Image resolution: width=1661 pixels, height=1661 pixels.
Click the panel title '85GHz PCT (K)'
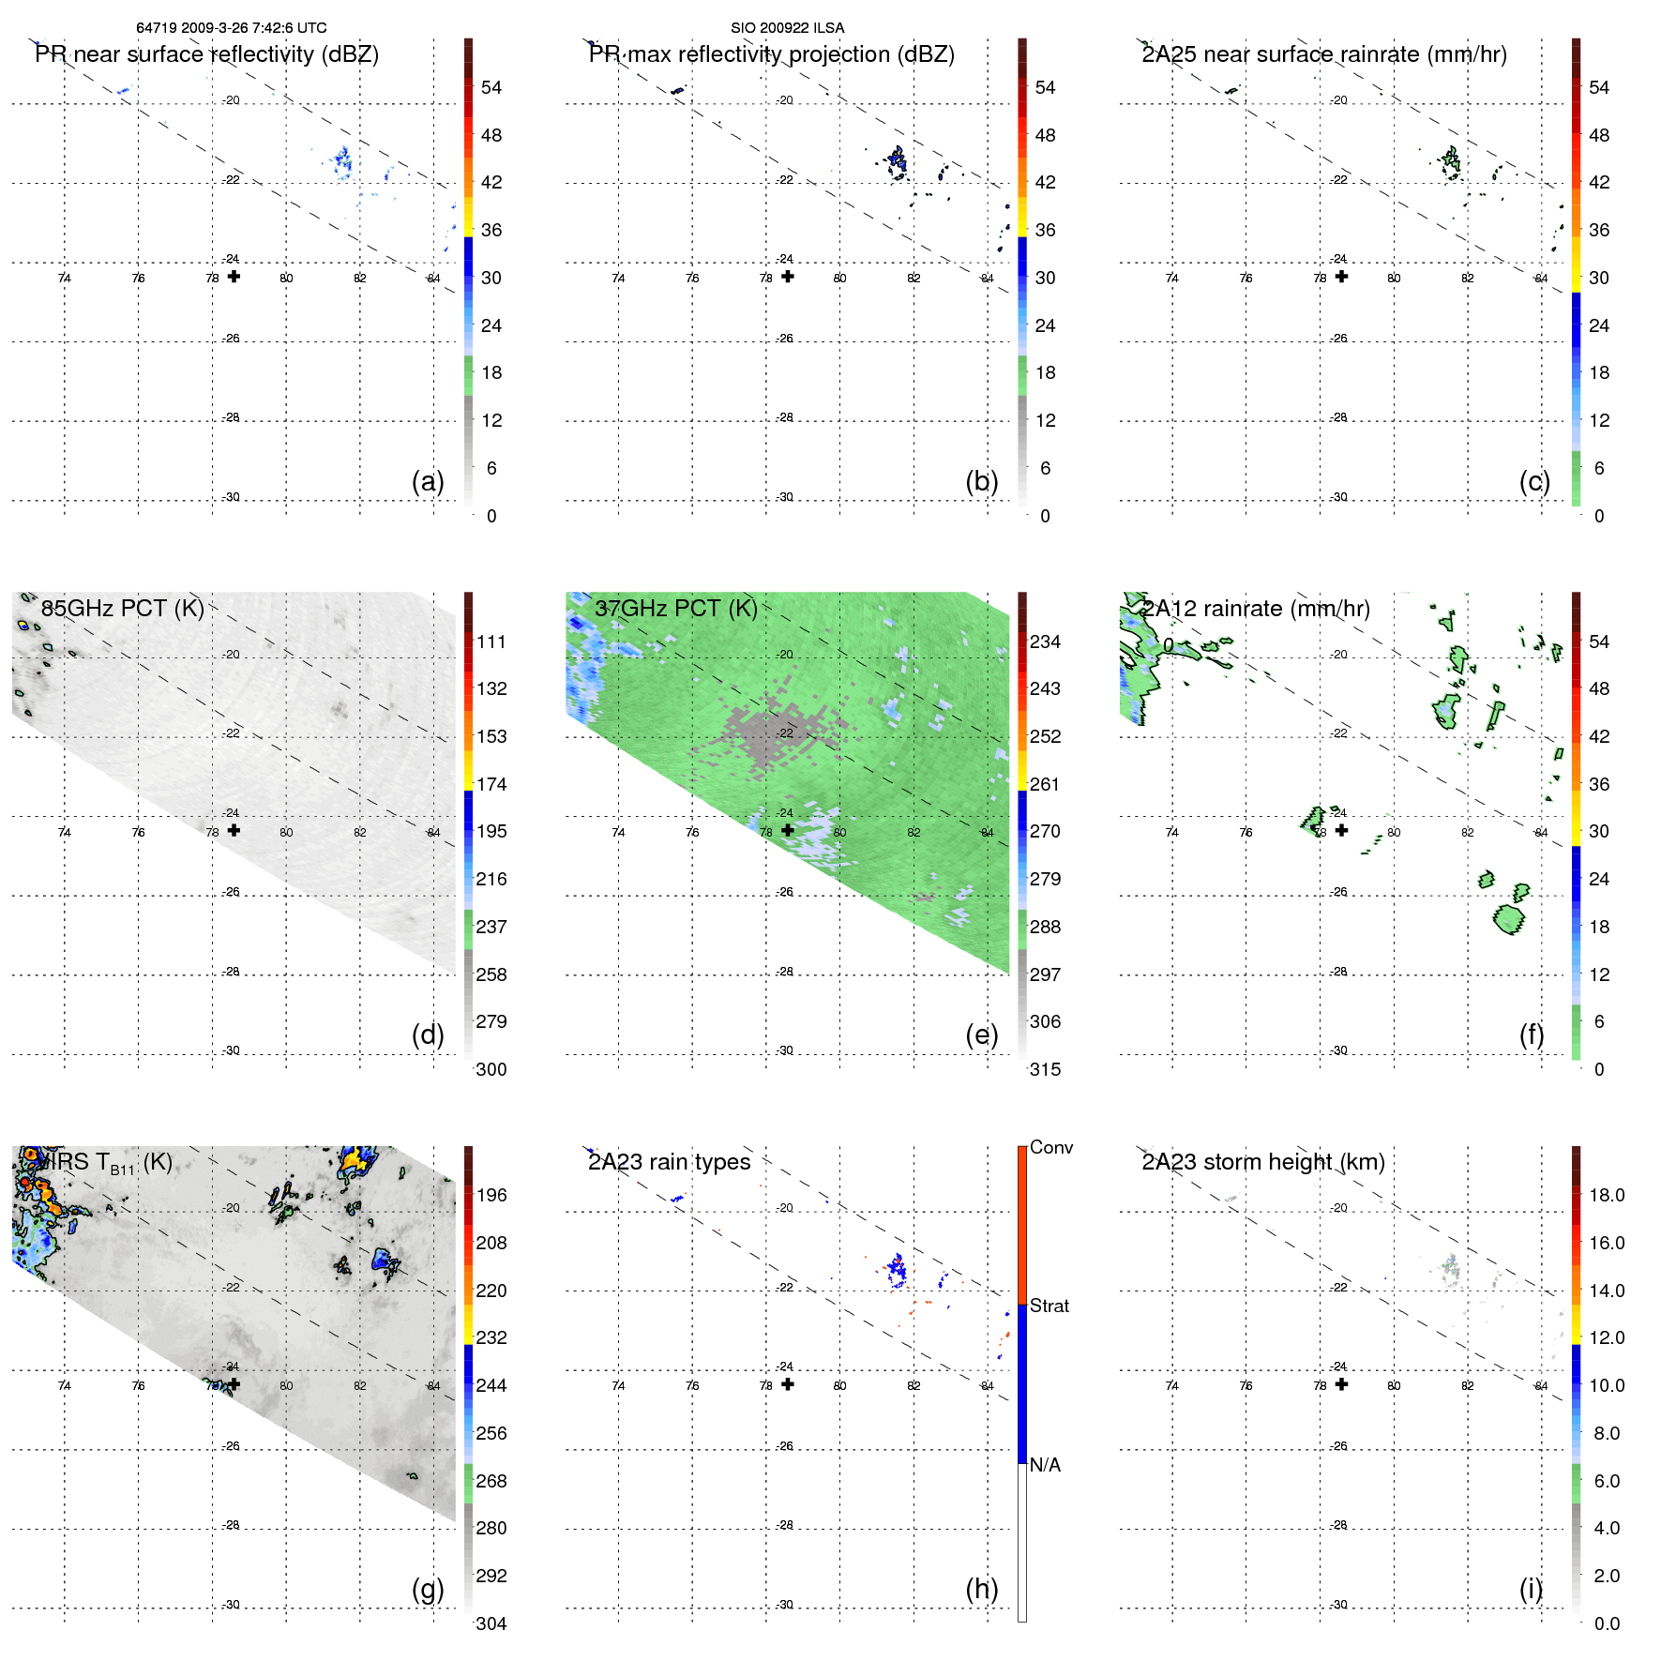122,608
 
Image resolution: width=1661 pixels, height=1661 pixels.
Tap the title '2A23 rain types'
669,1162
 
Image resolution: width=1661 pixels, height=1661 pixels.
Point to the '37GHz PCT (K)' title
675,608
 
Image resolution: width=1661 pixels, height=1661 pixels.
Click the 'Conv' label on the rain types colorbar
1050,1147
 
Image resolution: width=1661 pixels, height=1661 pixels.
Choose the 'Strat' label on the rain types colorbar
1049,1306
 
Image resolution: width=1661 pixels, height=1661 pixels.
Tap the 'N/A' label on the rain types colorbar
1045,1465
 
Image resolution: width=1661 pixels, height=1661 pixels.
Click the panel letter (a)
428,481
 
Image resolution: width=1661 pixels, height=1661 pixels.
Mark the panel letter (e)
982,1034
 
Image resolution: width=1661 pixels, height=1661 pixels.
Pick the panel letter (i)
1531,1589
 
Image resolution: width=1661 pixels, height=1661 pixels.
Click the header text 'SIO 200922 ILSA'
787,28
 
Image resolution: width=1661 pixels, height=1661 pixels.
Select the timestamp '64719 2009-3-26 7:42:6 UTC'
231,28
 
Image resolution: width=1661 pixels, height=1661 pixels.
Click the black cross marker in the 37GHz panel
788,830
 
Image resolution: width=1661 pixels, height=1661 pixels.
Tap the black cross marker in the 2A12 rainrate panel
1341,830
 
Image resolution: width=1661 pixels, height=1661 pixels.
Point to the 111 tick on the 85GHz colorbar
491,642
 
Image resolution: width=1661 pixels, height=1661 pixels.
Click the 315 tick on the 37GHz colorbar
1045,1069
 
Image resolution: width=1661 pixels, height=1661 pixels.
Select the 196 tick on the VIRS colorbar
491,1195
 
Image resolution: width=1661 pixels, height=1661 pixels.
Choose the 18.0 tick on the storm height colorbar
1606,1195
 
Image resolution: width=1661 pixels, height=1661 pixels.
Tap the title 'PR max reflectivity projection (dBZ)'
771,54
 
